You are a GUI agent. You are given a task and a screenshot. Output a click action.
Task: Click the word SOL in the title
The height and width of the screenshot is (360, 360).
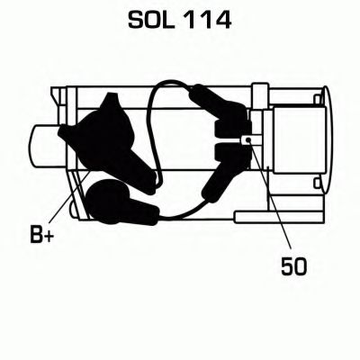(x=151, y=21)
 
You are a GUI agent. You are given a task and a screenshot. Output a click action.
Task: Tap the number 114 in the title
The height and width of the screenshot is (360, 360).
(x=207, y=21)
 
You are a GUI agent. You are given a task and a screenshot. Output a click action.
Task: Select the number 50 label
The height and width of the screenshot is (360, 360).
(x=294, y=265)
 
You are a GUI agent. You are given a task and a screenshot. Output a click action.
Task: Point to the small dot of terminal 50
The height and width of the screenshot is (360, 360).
(x=247, y=139)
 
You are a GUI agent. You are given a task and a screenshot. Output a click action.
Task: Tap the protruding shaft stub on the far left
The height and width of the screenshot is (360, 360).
(x=48, y=146)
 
